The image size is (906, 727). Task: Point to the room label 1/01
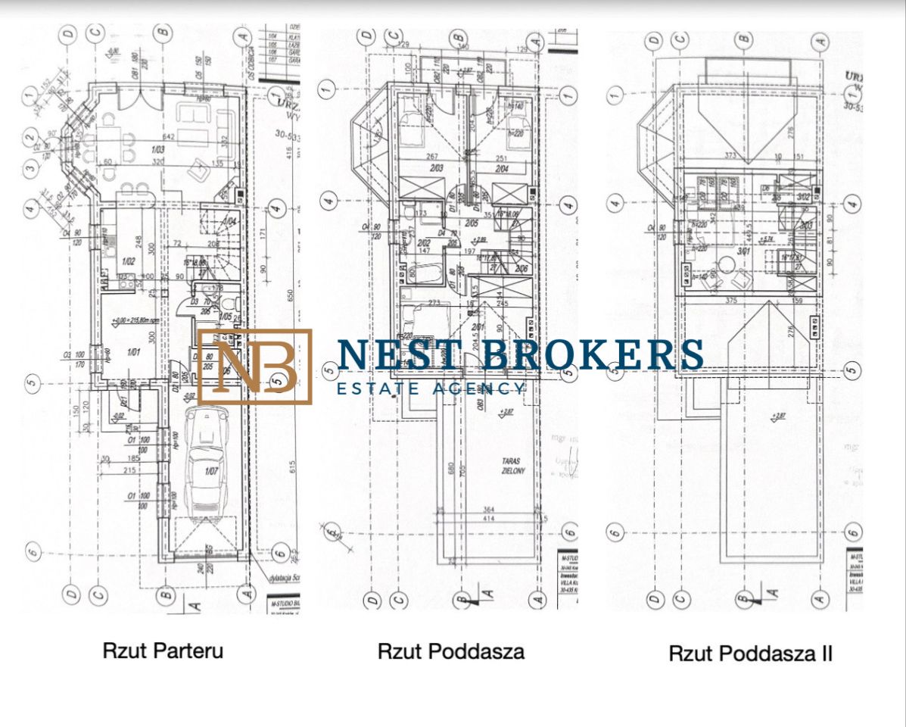click(x=134, y=351)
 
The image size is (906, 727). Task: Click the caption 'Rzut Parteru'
click(x=163, y=650)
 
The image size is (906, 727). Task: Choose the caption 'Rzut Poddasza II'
click(x=750, y=654)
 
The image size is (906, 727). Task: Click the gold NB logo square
click(x=255, y=366)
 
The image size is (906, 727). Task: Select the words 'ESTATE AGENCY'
click(x=430, y=388)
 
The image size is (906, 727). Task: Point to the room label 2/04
click(x=503, y=168)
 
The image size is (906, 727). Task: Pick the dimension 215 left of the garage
click(x=129, y=470)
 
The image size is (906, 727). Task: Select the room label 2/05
click(x=472, y=223)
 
